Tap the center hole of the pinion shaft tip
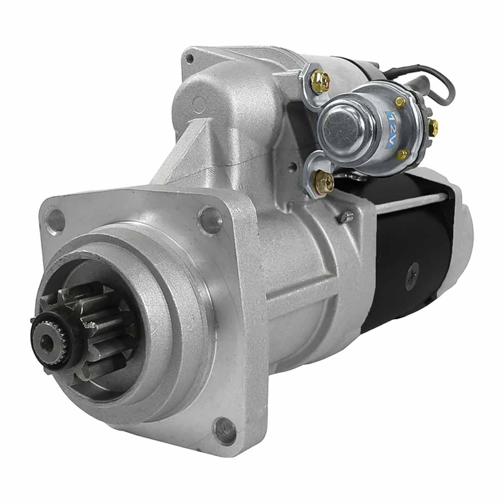pyautogui.click(x=48, y=341)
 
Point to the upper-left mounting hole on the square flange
pyautogui.click(x=55, y=220)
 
